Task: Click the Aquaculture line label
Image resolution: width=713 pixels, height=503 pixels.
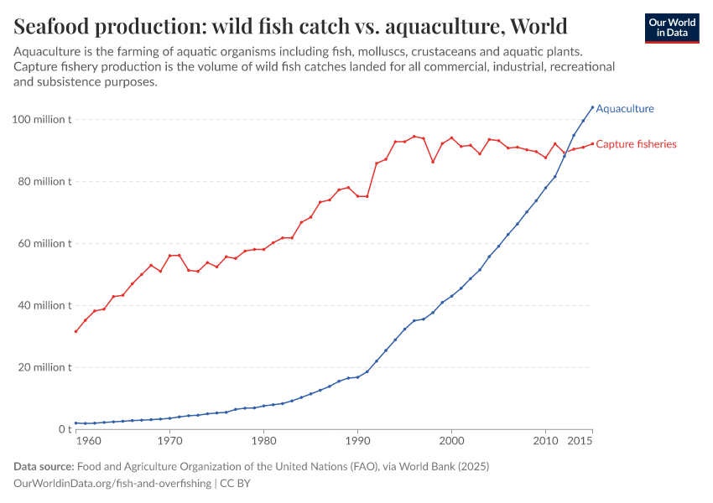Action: (x=624, y=108)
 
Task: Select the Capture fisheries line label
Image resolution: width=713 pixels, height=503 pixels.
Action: (x=636, y=144)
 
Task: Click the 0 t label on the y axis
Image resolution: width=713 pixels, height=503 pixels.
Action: (x=64, y=429)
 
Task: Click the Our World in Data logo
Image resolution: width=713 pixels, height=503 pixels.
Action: (x=671, y=28)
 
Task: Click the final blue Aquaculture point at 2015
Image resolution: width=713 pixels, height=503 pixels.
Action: (x=592, y=107)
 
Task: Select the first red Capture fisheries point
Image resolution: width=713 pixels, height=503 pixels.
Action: (x=76, y=331)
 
